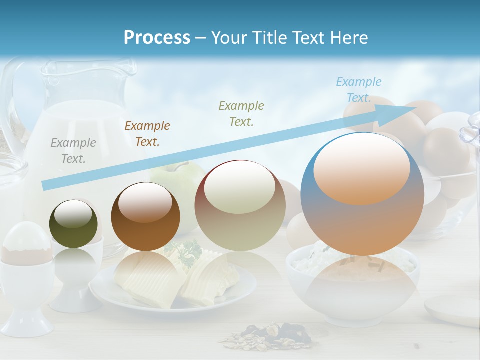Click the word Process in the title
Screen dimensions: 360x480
(x=157, y=38)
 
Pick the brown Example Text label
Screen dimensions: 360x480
(x=147, y=134)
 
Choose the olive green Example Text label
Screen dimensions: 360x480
(x=241, y=114)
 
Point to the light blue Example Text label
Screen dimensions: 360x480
(x=358, y=90)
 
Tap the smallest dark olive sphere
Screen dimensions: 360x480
(x=73, y=224)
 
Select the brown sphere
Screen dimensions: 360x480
(x=145, y=216)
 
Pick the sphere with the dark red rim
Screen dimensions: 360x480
(x=240, y=205)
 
